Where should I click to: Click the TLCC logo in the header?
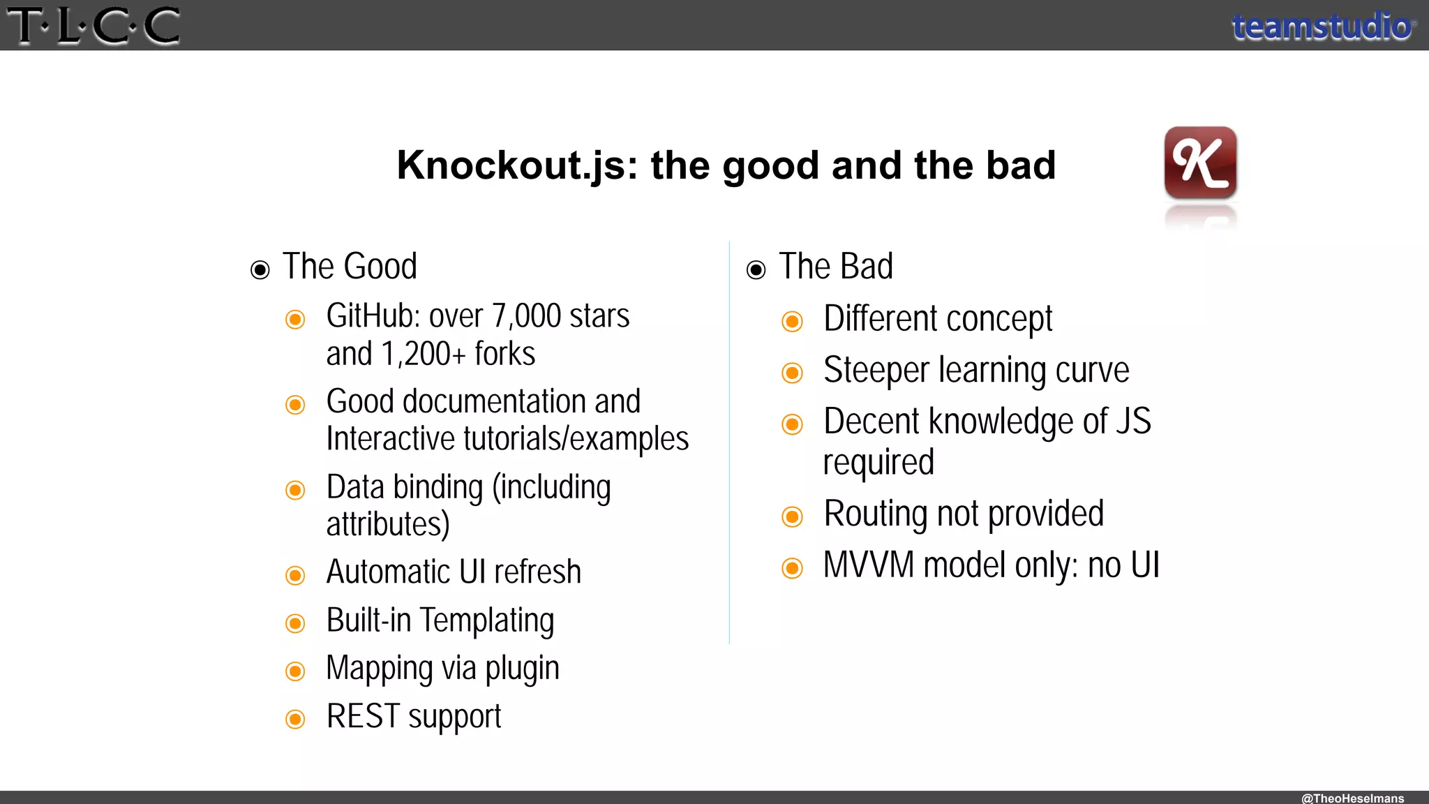coord(93,26)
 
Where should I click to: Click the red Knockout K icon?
coord(1200,162)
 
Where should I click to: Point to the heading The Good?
coord(350,267)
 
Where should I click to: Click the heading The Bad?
coord(835,267)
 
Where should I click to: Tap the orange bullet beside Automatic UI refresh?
coord(296,575)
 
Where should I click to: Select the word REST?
coord(363,717)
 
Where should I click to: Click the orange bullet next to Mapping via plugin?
coord(296,671)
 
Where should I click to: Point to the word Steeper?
coord(876,371)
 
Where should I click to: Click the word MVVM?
coord(868,565)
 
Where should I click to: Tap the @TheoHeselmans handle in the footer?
coord(1352,798)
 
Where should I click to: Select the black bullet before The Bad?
coord(756,270)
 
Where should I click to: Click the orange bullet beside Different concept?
coord(792,322)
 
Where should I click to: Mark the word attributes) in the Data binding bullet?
coord(388,525)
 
